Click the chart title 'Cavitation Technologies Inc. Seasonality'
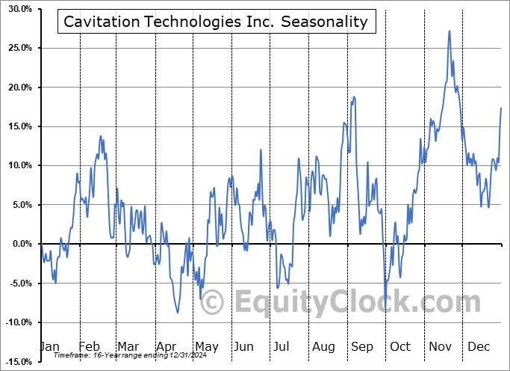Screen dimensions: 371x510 pos(216,22)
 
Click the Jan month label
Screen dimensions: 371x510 pos(49,346)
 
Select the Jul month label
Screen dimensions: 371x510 pos(282,346)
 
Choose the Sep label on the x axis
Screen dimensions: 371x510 pos(361,346)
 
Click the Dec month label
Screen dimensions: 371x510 pos(477,346)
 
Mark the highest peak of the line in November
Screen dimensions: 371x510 pos(450,31)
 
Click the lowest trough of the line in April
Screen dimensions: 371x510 pos(177,312)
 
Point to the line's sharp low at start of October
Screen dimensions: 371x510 pos(385,297)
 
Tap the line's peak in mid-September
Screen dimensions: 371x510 pos(353,96)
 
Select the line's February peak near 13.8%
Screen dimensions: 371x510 pos(101,136)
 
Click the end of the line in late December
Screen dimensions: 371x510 pos(501,108)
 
